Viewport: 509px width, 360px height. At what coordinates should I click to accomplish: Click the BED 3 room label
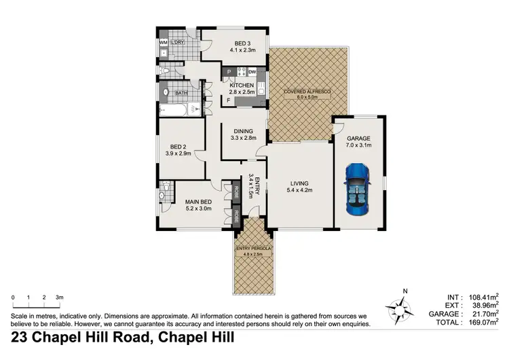pos(234,42)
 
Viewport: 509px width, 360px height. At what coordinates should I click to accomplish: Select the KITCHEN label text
pos(242,86)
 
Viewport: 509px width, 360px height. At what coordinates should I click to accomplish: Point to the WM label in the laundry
pos(164,43)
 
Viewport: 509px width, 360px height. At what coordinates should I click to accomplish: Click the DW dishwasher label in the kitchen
pos(252,72)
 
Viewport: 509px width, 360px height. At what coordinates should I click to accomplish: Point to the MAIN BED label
pos(198,201)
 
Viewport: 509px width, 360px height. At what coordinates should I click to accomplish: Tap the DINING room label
pos(243,131)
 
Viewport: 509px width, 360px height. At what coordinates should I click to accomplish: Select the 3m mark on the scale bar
pos(60,298)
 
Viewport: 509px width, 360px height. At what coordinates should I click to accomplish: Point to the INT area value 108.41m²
pos(483,298)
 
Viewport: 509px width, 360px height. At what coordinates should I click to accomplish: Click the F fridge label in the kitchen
pos(228,101)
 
